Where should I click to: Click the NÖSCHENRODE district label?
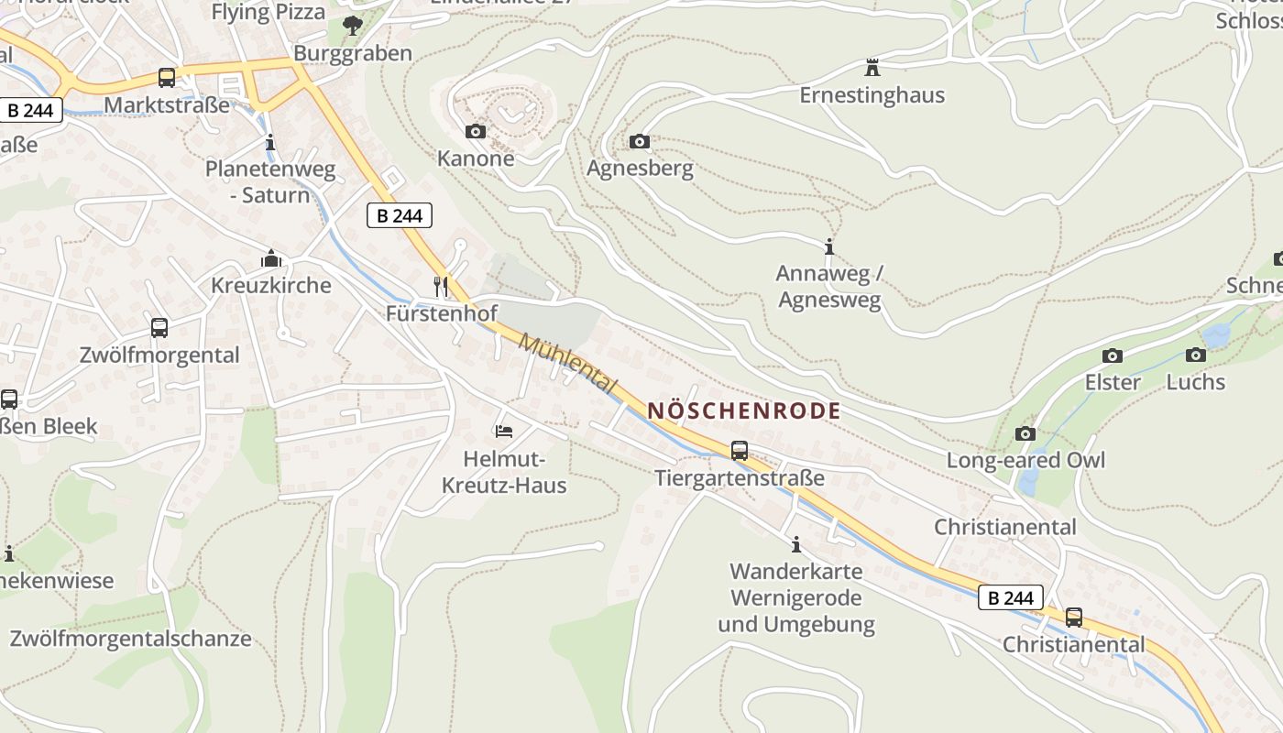coord(743,410)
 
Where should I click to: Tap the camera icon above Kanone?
coord(475,132)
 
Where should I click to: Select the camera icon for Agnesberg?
coord(640,141)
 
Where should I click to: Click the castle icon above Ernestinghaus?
coord(872,68)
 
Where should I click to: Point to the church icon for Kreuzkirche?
coord(270,259)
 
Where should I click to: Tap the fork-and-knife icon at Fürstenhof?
coord(441,287)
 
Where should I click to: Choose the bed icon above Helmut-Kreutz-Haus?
coord(503,431)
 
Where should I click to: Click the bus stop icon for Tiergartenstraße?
coord(739,451)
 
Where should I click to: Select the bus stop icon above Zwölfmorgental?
coord(159,328)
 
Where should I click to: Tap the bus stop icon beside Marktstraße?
coord(166,78)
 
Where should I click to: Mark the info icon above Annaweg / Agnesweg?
coord(829,247)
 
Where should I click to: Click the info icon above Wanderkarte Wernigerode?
coord(795,545)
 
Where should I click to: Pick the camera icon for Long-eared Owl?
coord(1025,433)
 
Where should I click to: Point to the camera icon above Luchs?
coord(1195,356)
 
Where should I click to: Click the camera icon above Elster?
coord(1112,356)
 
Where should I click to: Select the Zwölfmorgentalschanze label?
coord(130,639)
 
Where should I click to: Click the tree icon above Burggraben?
coord(352,26)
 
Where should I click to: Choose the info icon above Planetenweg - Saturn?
coord(269,143)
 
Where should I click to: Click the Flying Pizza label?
coord(268,12)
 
